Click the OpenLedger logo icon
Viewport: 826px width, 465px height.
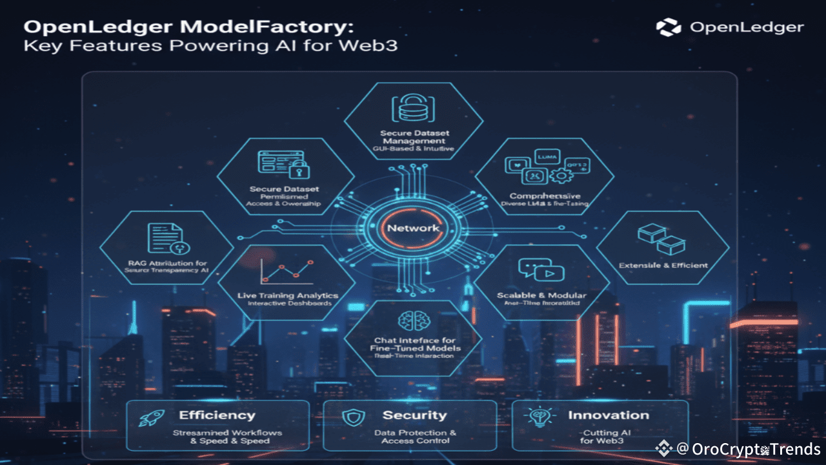(669, 27)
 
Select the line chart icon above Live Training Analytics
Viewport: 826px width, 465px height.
(286, 270)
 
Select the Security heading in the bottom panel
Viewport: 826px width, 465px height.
(414, 415)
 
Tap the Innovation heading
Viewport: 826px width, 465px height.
(608, 415)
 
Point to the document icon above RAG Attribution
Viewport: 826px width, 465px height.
(165, 240)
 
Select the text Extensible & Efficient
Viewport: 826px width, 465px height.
(663, 265)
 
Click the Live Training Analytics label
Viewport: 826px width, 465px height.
(288, 295)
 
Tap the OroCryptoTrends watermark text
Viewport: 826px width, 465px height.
(747, 449)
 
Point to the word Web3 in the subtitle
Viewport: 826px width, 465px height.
(378, 47)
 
